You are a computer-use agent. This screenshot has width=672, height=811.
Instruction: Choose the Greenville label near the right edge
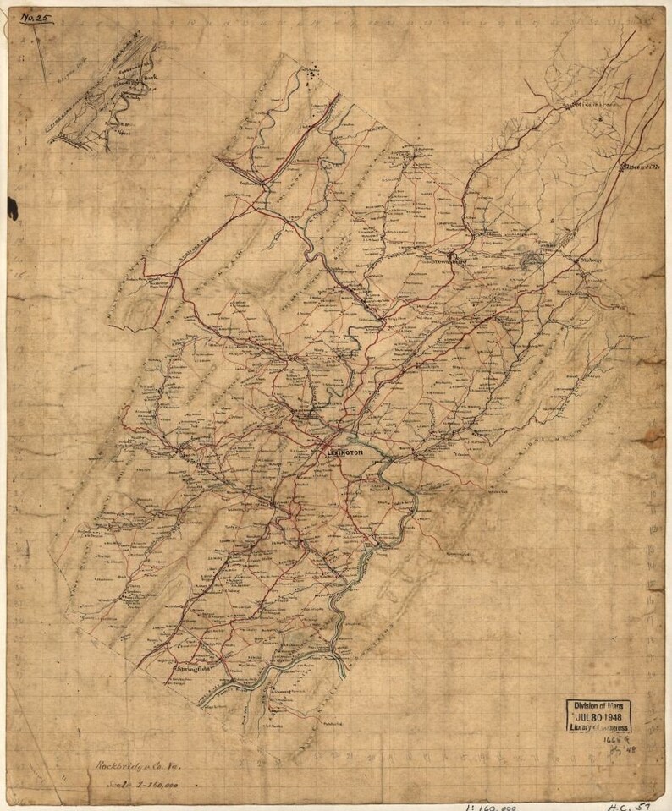point(641,165)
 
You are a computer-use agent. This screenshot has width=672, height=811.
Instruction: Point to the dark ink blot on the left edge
point(12,204)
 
